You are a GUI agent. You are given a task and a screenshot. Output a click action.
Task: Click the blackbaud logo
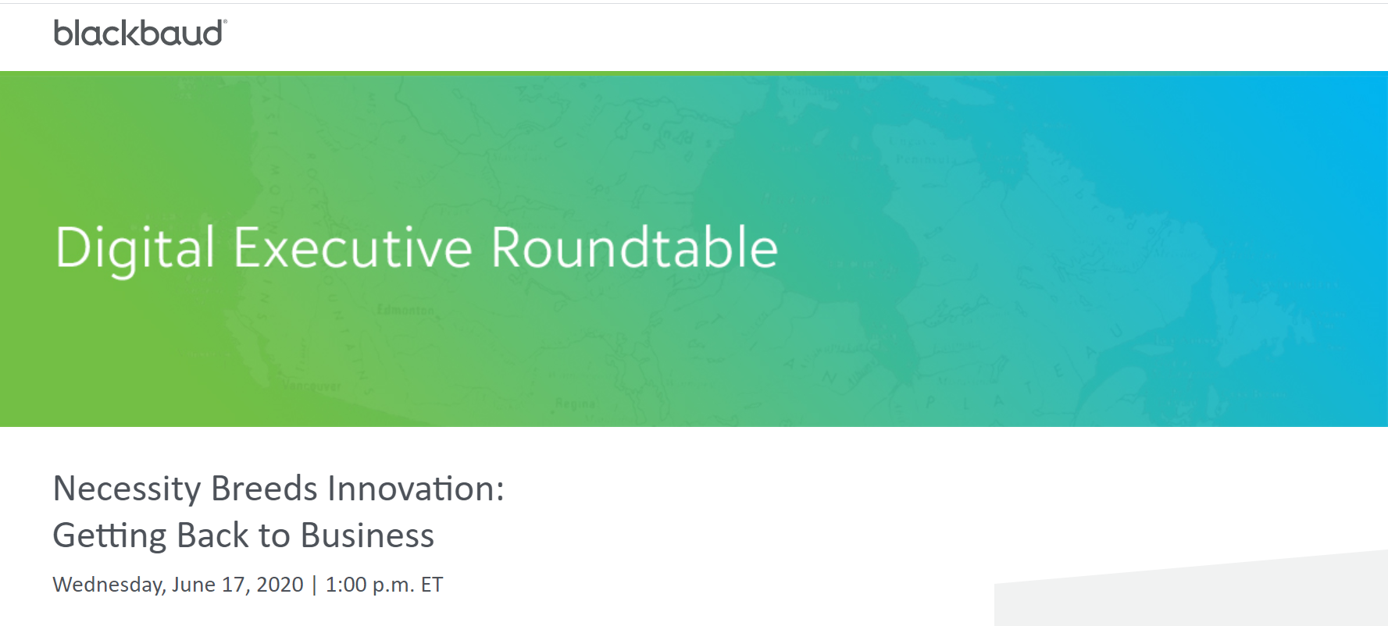(141, 33)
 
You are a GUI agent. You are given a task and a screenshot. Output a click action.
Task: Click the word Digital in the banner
(134, 249)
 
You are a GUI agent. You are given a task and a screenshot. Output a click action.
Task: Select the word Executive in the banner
(353, 248)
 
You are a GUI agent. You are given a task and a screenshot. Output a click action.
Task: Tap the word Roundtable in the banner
(634, 247)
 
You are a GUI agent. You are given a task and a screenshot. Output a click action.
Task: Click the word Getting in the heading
(110, 536)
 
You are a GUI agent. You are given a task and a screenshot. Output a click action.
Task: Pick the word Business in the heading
(367, 535)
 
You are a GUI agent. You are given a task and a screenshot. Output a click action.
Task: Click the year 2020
(280, 584)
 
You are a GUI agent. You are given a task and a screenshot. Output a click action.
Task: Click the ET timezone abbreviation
(432, 584)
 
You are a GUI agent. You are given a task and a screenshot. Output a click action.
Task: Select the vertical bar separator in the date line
(315, 585)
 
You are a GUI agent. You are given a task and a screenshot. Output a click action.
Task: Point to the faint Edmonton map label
(405, 311)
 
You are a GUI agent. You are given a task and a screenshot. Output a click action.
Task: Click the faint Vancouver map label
(312, 386)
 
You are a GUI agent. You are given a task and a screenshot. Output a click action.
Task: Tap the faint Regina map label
(576, 404)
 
